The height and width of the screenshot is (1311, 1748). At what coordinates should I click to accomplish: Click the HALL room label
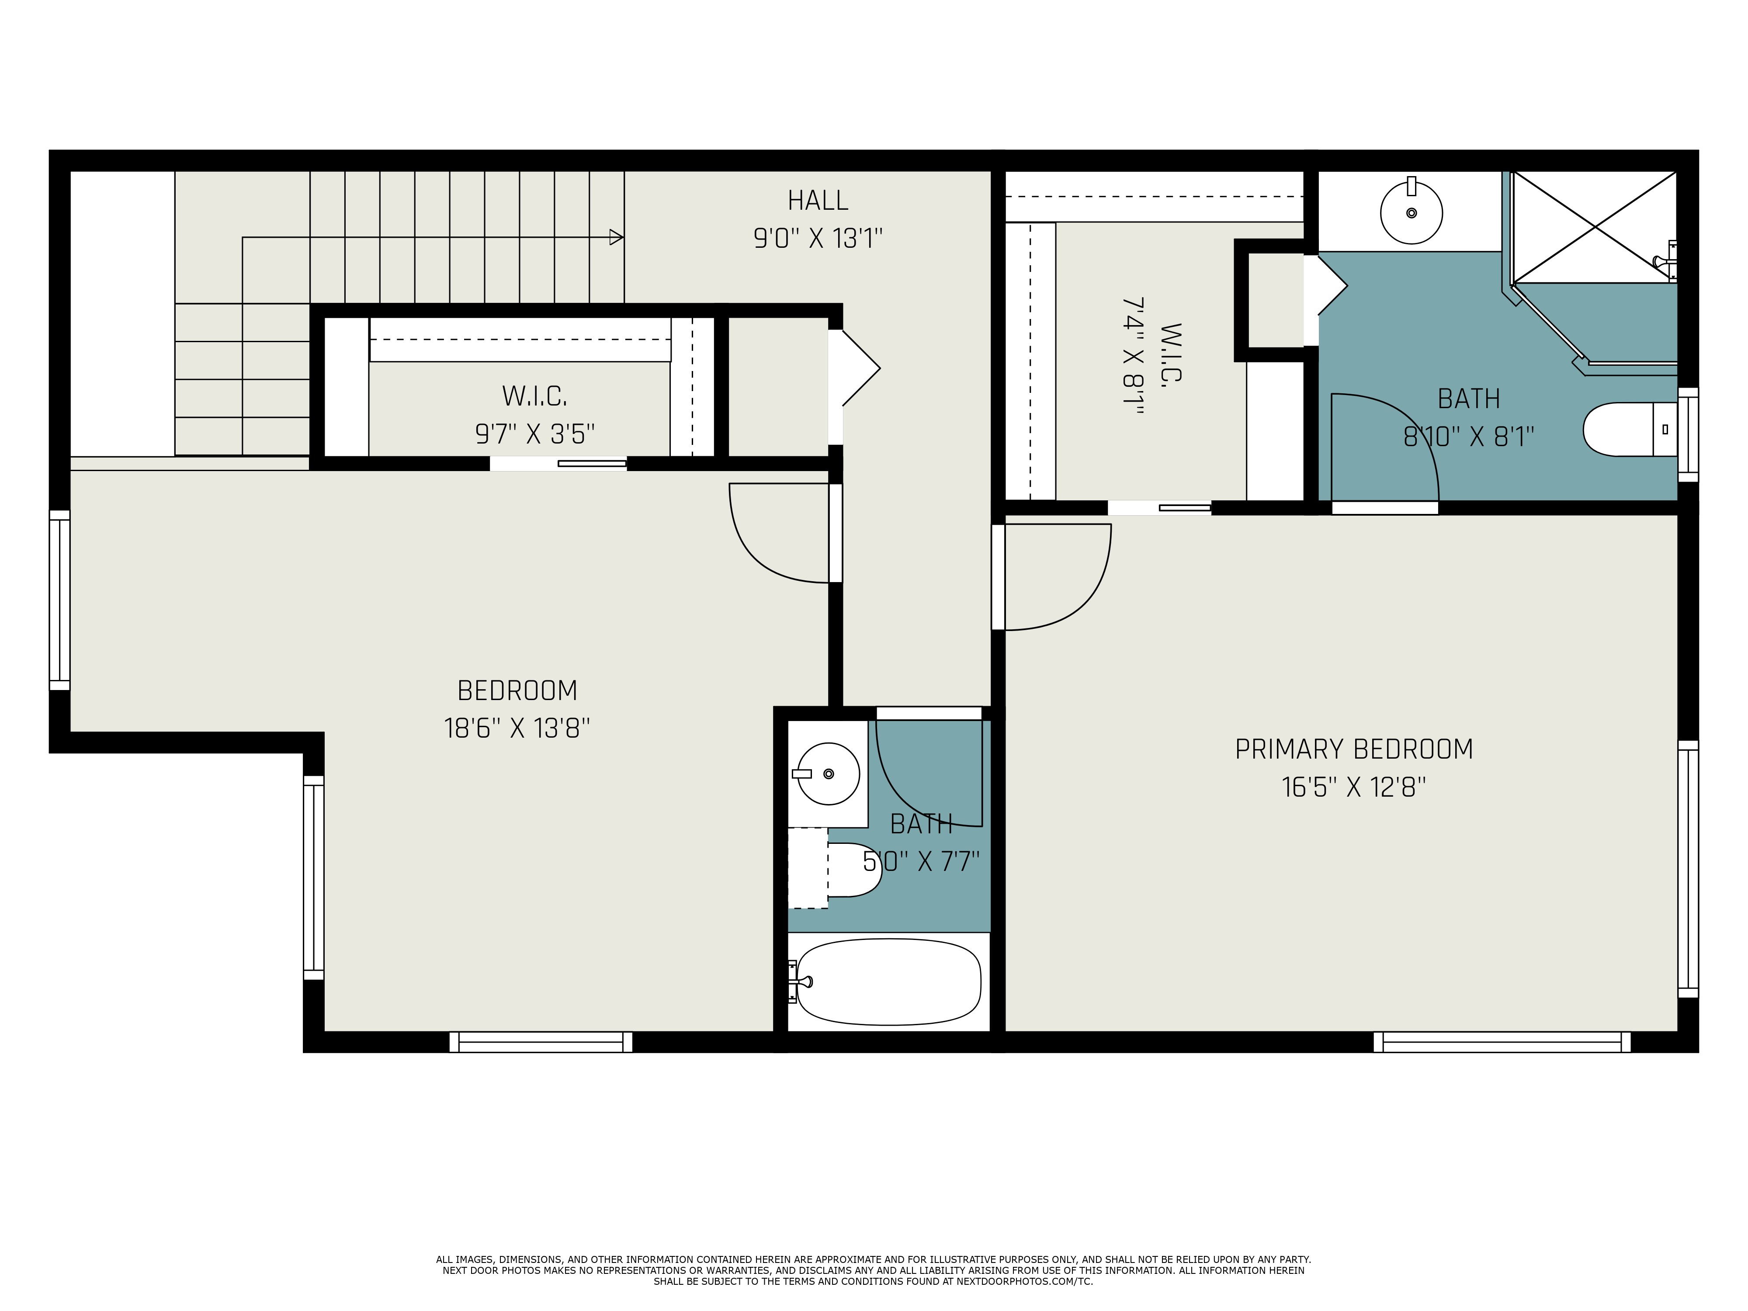[818, 201]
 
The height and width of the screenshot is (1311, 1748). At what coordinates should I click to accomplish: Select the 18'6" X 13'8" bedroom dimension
[517, 728]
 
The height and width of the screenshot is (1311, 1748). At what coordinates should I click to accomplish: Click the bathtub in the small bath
[889, 982]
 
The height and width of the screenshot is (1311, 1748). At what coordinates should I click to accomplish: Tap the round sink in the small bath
[827, 773]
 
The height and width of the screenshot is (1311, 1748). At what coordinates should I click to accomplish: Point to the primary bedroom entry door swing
[1059, 577]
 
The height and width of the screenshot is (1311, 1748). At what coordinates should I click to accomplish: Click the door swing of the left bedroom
[778, 534]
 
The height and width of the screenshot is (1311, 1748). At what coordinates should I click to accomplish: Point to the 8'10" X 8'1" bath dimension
[1468, 437]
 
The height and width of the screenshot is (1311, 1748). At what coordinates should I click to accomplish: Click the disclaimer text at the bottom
[873, 1271]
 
